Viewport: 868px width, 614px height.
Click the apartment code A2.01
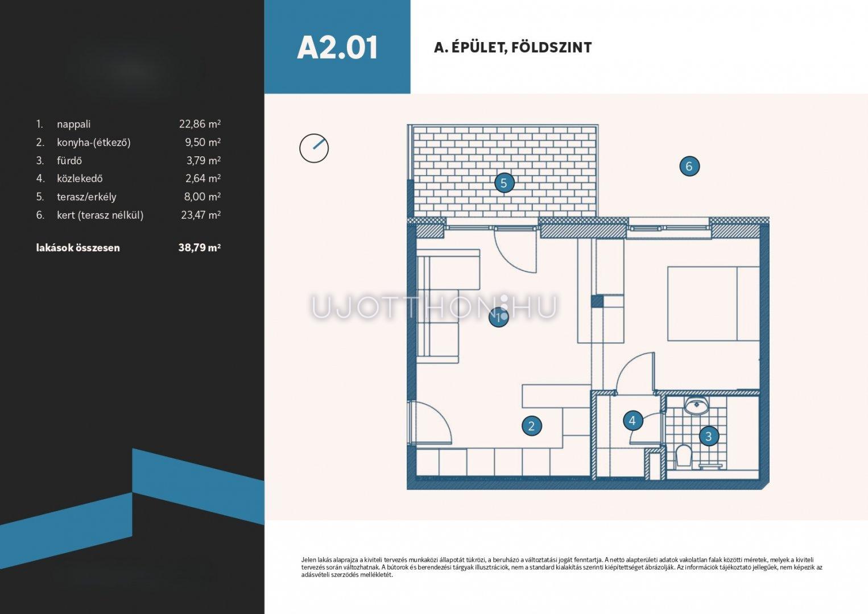pos(337,48)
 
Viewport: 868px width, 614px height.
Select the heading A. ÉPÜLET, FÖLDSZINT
pos(512,48)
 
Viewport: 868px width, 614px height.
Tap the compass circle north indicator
pos(314,148)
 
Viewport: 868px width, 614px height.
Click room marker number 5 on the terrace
pos(504,183)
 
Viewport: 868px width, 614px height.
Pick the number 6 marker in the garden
pos(689,166)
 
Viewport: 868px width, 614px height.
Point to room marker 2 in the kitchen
pos(532,426)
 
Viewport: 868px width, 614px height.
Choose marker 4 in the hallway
pos(633,420)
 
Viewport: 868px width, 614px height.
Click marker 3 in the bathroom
pos(709,437)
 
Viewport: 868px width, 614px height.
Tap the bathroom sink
pos(696,405)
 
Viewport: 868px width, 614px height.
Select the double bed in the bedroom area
pos(713,304)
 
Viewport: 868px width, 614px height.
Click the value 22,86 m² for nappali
pos(200,124)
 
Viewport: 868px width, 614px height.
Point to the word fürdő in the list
pos(69,160)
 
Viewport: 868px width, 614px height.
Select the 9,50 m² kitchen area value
pos(202,142)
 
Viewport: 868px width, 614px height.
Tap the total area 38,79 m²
pos(200,247)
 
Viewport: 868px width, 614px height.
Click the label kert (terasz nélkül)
pos(100,215)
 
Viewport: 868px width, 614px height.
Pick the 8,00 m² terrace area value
pos(202,197)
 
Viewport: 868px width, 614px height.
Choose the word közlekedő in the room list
pos(80,179)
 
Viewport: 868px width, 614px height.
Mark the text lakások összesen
pos(78,248)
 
